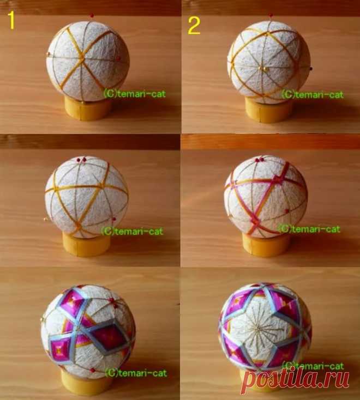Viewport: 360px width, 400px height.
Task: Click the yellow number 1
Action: click(11, 20)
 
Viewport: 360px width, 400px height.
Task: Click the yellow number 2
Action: click(194, 26)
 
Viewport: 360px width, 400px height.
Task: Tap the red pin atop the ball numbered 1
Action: click(92, 16)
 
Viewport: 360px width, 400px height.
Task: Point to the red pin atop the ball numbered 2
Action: click(271, 16)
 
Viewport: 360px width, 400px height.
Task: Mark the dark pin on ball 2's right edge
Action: click(310, 68)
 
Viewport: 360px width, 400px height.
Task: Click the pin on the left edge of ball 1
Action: click(48, 53)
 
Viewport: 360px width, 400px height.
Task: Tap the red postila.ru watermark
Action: click(296, 380)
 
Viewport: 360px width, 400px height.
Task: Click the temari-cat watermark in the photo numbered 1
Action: click(135, 94)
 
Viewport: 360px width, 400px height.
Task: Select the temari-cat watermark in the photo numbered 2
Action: click(313, 95)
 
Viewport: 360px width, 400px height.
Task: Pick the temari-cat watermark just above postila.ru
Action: click(313, 366)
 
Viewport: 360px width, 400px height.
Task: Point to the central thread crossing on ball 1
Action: click(82, 59)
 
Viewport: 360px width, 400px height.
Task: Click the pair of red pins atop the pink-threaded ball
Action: click(260, 160)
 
